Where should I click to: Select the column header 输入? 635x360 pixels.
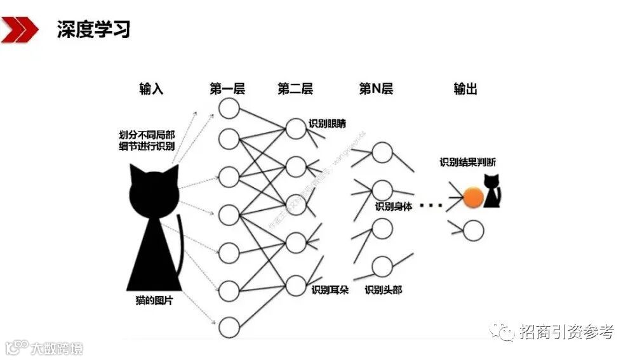pos(151,89)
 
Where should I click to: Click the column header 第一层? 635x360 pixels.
pos(227,89)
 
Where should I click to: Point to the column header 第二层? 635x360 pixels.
pos(295,89)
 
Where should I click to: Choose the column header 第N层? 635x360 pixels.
pos(376,89)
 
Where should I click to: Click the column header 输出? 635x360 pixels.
pos(465,89)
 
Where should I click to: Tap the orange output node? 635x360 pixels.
pos(472,197)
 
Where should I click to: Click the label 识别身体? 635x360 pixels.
pos(394,206)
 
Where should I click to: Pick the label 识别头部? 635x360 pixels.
pos(383,290)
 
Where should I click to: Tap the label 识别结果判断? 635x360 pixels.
pos(468,162)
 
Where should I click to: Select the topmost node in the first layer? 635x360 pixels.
pos(229,109)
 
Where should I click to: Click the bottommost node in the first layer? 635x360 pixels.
pos(229,327)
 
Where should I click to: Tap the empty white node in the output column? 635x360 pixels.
pos(472,230)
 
